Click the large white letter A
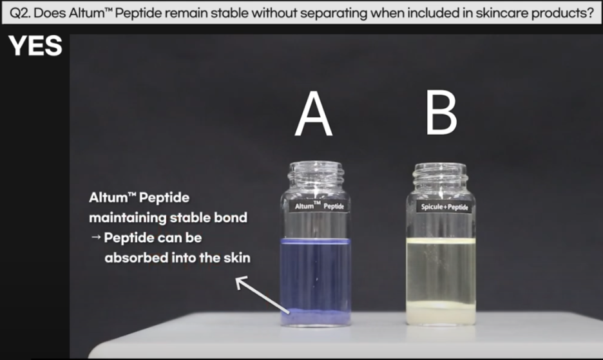click(314, 114)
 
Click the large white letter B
click(441, 113)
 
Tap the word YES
click(35, 46)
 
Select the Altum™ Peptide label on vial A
click(319, 206)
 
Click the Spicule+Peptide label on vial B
click(445, 207)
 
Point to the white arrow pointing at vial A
click(262, 294)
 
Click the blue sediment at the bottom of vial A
click(316, 316)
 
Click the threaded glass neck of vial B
click(441, 176)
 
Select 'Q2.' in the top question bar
click(19, 14)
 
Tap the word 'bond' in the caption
click(230, 218)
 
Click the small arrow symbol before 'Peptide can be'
click(96, 237)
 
